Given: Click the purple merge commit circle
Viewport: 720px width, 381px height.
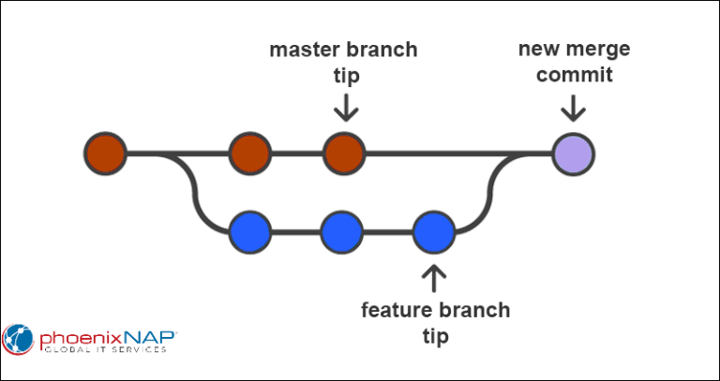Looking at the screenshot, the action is click(574, 154).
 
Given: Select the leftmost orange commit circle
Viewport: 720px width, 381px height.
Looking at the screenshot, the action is click(105, 154).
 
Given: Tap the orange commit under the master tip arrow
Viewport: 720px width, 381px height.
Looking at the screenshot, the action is click(344, 154).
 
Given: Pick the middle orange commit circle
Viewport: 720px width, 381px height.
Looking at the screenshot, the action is click(250, 154).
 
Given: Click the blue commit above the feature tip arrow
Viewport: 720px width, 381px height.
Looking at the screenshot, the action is click(433, 232).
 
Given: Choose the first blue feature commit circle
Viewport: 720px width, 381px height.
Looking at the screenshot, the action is click(250, 232).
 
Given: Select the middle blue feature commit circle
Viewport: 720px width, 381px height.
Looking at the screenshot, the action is click(341, 232).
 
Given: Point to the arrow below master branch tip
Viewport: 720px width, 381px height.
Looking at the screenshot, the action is click(345, 107).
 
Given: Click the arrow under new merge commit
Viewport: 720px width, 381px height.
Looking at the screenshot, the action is click(573, 107).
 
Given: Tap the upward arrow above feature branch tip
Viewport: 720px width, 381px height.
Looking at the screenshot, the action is click(433, 278).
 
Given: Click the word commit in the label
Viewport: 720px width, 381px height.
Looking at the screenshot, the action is click(575, 75).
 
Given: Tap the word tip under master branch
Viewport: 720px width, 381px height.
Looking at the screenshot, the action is click(346, 77).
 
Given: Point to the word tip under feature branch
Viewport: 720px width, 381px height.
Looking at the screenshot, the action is click(435, 337).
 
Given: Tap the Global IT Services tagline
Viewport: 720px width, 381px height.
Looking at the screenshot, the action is click(105, 351).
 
